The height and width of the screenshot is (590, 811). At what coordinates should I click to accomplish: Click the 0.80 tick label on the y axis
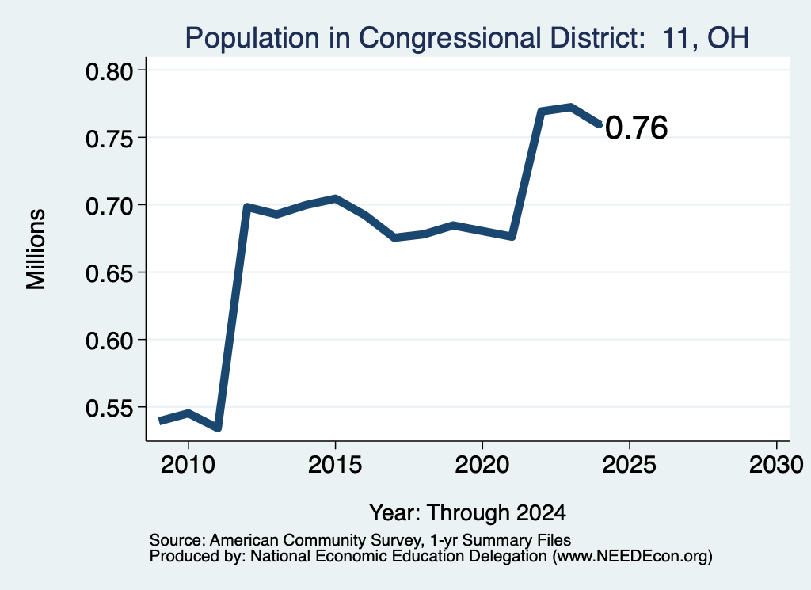click(109, 71)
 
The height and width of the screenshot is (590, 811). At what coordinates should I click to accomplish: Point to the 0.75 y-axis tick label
click(109, 139)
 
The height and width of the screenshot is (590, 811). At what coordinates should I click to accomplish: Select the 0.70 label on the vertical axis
click(109, 206)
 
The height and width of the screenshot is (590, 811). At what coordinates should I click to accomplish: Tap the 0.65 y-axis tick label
click(109, 273)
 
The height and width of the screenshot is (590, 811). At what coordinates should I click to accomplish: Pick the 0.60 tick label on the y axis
click(109, 341)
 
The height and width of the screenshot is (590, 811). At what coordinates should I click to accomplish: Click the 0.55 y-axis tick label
click(109, 408)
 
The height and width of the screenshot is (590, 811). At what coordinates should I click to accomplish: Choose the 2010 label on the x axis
click(188, 464)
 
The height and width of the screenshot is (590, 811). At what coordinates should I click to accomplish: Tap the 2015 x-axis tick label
click(335, 464)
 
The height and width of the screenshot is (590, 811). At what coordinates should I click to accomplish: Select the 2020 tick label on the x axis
click(482, 464)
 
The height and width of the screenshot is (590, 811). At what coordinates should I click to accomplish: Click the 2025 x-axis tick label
click(630, 464)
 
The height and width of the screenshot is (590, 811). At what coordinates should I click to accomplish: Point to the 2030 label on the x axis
click(776, 464)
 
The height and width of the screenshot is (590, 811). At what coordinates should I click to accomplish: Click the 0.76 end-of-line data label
click(636, 128)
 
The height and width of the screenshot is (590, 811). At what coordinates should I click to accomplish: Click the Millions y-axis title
click(36, 249)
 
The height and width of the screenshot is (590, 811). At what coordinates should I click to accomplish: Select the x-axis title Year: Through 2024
click(467, 512)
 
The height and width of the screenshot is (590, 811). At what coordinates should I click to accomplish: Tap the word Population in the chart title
click(253, 38)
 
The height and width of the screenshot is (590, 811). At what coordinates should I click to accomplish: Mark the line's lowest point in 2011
click(219, 428)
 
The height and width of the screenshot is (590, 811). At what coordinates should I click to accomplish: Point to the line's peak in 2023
click(571, 107)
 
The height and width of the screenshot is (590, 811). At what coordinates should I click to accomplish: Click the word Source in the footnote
click(177, 540)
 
